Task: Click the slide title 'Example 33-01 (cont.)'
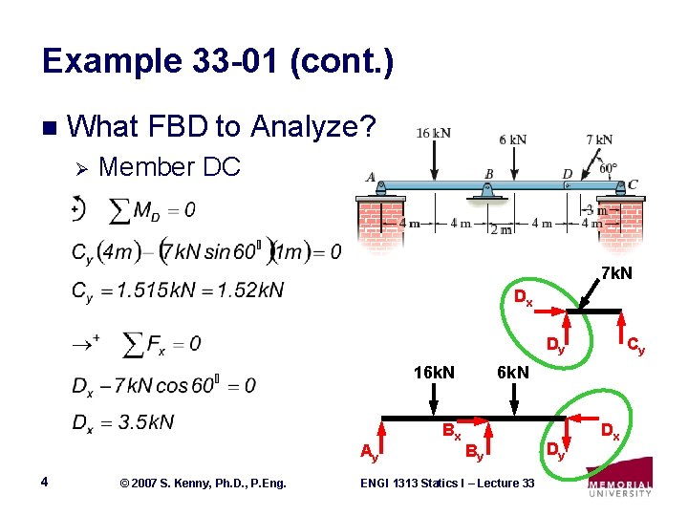click(218, 63)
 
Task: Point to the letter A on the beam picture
click(370, 177)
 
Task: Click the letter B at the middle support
click(487, 173)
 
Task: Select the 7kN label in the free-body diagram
click(614, 274)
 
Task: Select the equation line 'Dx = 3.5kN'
click(122, 422)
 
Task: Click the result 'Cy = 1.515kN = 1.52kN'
click(177, 290)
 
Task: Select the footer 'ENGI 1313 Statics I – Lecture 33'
click(447, 484)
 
